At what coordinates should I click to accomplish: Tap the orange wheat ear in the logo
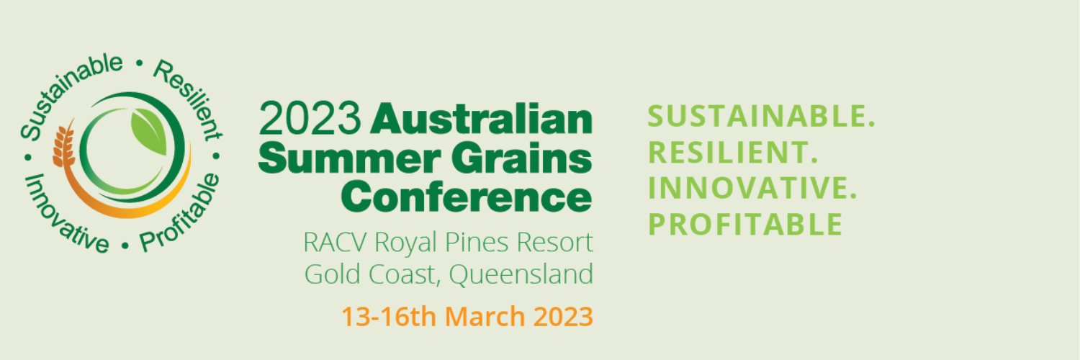(64, 144)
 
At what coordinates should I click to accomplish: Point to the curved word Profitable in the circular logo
(181, 212)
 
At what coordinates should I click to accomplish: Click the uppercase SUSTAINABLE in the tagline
(762, 116)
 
